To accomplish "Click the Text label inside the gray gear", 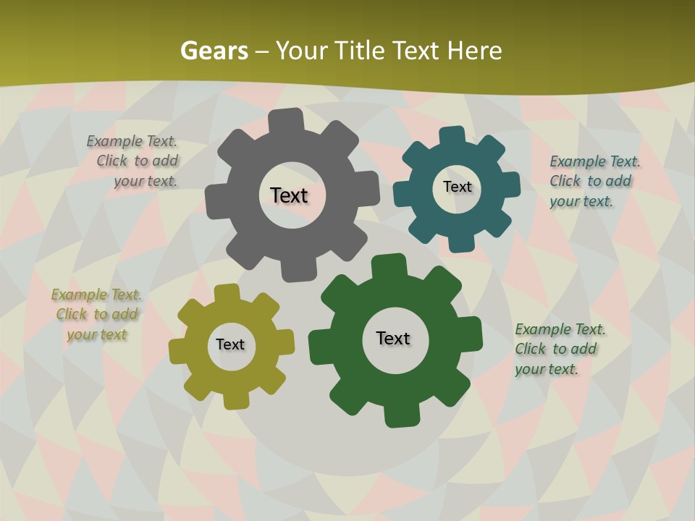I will click(290, 195).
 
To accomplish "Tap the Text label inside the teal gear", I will click(457, 187).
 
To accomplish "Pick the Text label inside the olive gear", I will click(230, 344).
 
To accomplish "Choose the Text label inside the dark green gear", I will click(393, 338).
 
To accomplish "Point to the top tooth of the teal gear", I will click(452, 136).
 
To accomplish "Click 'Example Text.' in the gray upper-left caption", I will click(132, 142).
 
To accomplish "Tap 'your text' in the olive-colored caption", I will click(97, 334).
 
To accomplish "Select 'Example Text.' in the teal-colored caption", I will click(595, 161).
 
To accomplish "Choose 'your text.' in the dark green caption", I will click(547, 369).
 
